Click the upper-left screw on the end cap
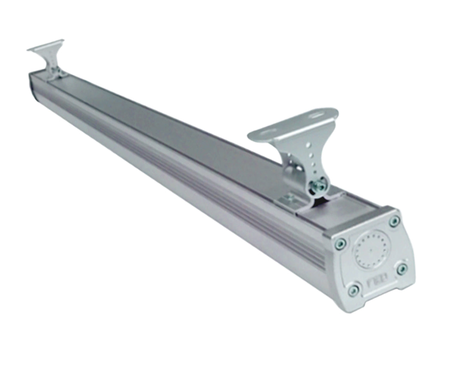[x=340, y=244]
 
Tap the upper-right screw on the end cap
[x=395, y=221]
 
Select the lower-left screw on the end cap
[x=354, y=290]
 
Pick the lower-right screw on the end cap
[x=402, y=268]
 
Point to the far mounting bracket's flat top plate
[x=46, y=45]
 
